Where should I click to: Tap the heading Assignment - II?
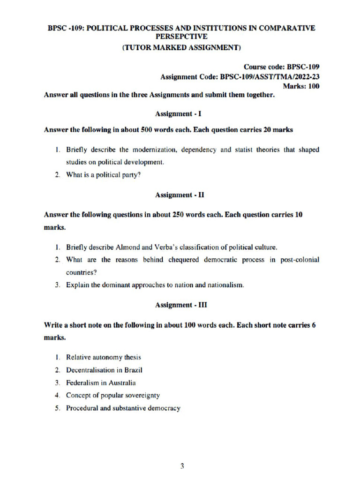(x=180, y=194)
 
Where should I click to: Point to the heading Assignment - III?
(x=180, y=305)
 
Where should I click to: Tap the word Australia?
(x=120, y=382)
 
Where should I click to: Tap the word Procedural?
(x=82, y=408)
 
